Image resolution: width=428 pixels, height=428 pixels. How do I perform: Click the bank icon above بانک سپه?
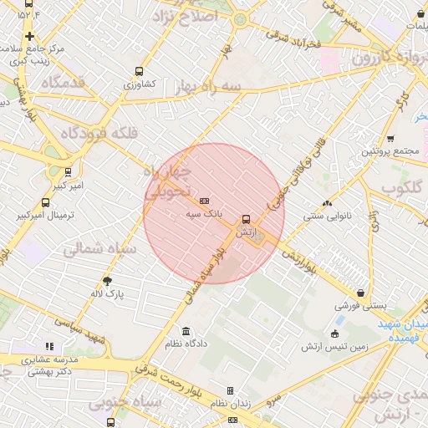[x=205, y=201]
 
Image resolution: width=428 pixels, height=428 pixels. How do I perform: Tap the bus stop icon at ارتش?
[x=246, y=220]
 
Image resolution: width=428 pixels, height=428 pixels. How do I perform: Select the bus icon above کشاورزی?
[x=139, y=72]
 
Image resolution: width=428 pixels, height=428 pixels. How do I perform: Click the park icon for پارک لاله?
[x=107, y=281]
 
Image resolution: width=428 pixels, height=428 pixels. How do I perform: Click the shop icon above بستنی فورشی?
[x=360, y=293]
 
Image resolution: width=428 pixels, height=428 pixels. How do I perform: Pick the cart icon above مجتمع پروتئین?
[x=390, y=140]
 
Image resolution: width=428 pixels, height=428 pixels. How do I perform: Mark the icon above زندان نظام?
[x=231, y=390]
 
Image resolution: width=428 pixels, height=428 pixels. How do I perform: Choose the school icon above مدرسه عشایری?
[x=49, y=346]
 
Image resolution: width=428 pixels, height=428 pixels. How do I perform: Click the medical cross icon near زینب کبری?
[x=30, y=36]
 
